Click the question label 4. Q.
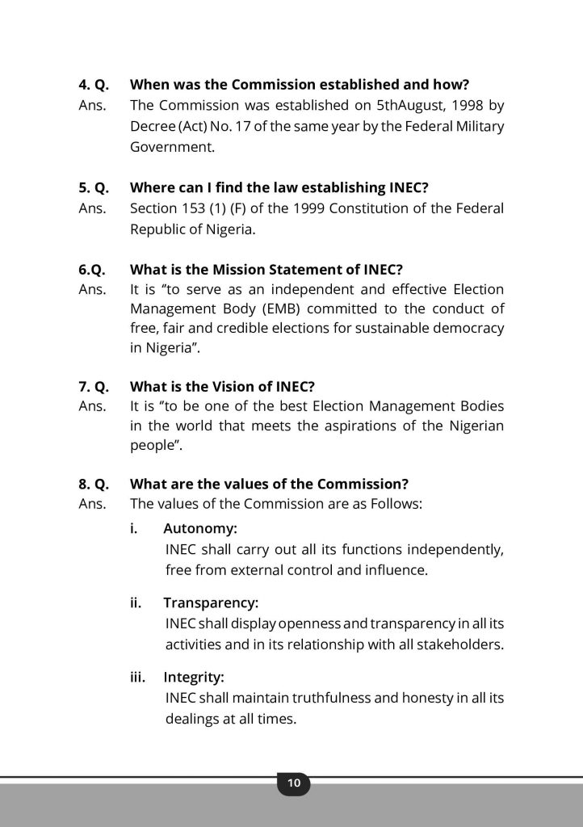tap(94, 84)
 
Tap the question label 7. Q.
tap(94, 385)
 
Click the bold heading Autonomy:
tap(200, 529)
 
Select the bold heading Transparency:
tap(211, 602)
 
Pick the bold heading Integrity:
tap(194, 676)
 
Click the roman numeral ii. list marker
tap(138, 602)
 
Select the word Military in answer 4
tap(476, 127)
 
